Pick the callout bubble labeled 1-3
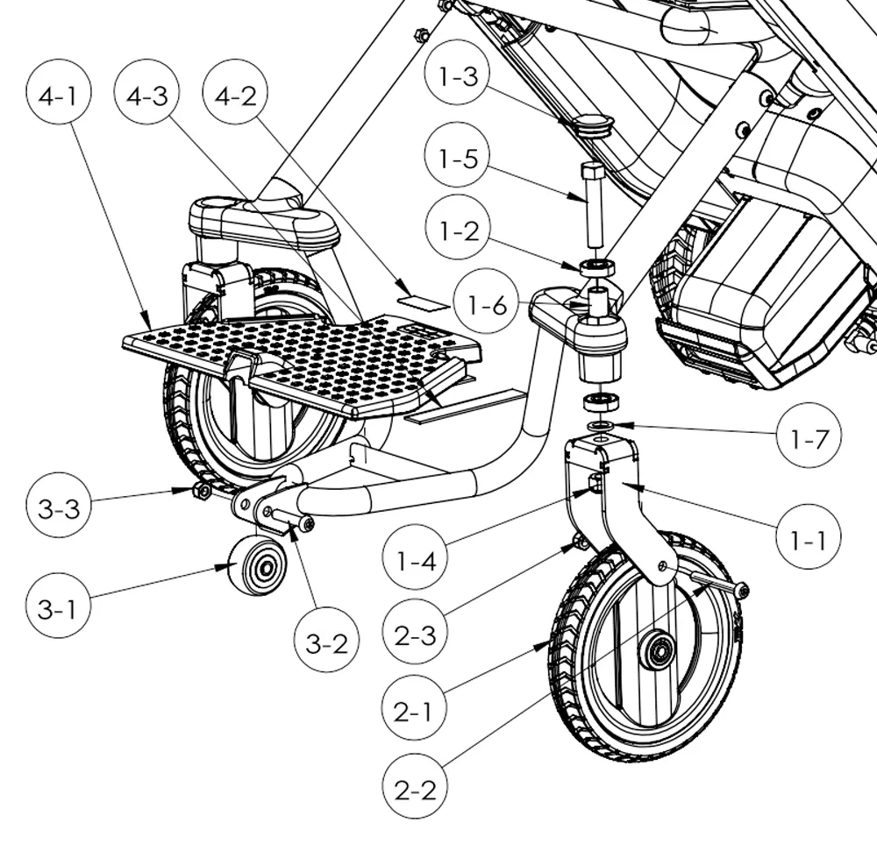pos(459,77)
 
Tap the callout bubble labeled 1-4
pos(416,558)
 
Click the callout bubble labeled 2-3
pos(416,635)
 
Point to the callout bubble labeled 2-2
pos(416,789)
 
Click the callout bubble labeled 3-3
pos(59,508)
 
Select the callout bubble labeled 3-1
pos(59,608)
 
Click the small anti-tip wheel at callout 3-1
pos(258,565)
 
